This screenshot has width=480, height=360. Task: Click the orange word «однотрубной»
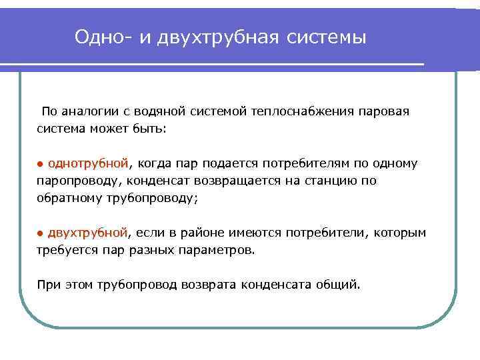pos(87,163)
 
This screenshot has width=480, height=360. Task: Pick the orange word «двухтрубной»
pos(87,233)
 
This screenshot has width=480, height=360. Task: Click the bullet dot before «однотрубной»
pos(39,164)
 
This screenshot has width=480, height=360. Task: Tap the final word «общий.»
pos(340,285)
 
